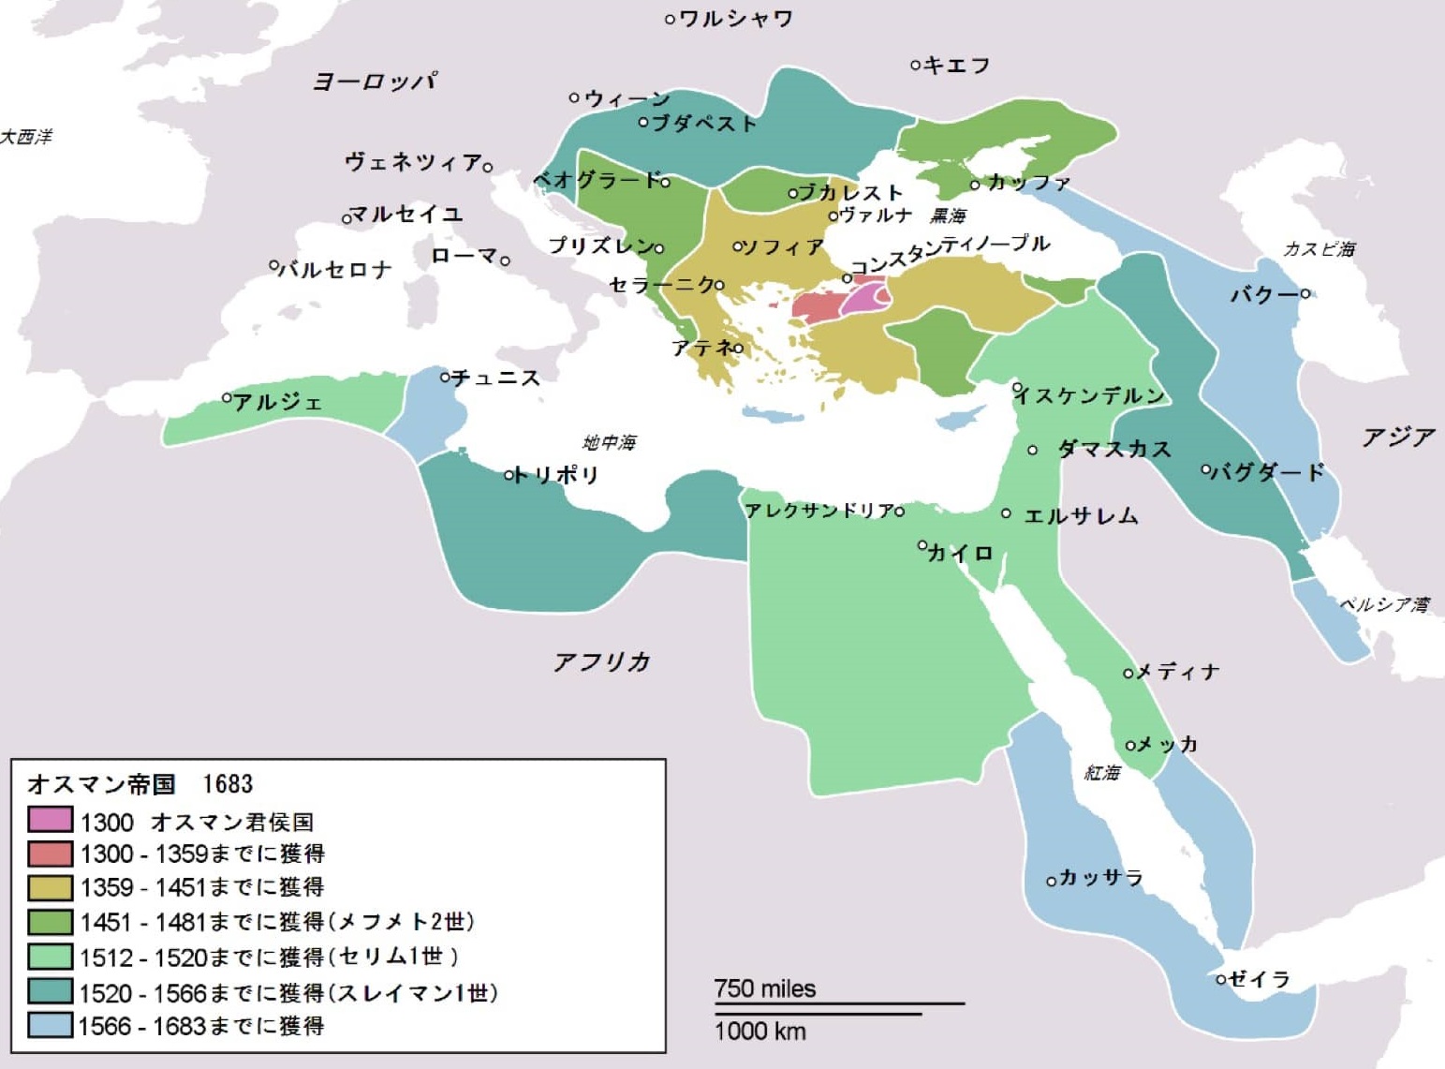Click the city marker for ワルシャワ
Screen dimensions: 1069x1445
point(670,19)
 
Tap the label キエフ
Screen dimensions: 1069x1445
point(956,66)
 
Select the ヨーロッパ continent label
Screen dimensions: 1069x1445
point(374,82)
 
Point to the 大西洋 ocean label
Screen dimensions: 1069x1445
point(26,137)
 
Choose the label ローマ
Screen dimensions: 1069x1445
point(464,256)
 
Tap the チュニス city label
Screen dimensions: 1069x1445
point(496,378)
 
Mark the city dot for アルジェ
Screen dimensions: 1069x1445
point(227,398)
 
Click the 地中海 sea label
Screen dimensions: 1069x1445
point(610,442)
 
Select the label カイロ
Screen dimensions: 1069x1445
point(960,554)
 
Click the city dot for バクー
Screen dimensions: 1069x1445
point(1305,294)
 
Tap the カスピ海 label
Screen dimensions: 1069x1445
point(1319,249)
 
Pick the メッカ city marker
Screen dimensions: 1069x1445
point(1130,746)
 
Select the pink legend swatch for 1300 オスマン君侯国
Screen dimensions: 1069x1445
point(50,821)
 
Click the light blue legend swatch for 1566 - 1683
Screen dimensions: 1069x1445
point(50,1025)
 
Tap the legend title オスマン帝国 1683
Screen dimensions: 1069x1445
point(140,783)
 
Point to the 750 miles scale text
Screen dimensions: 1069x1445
point(765,988)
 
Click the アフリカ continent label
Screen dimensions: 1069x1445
point(601,662)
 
